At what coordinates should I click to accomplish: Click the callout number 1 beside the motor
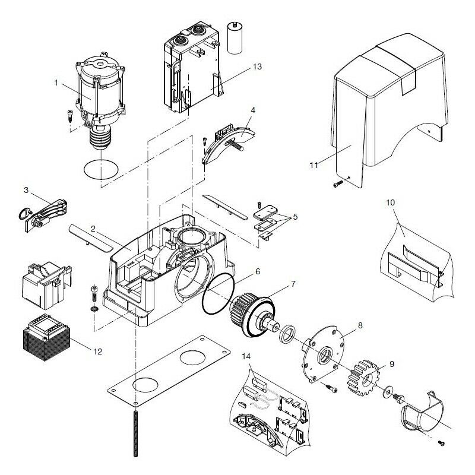point(56,83)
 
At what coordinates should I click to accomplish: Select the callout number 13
point(257,66)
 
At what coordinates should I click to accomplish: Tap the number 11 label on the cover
point(314,165)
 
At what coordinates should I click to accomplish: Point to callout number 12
point(97,351)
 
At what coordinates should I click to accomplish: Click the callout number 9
point(392,364)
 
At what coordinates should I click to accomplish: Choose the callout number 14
point(246,357)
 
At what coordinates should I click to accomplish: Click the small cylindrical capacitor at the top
point(235,38)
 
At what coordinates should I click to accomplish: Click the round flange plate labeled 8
point(324,354)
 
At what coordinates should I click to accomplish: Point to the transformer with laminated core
point(46,337)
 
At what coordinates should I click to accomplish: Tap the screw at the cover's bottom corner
point(338,183)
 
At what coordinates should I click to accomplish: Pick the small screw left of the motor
point(70,116)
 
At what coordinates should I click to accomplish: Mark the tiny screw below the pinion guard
point(441,444)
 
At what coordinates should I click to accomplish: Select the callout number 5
point(295,217)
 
